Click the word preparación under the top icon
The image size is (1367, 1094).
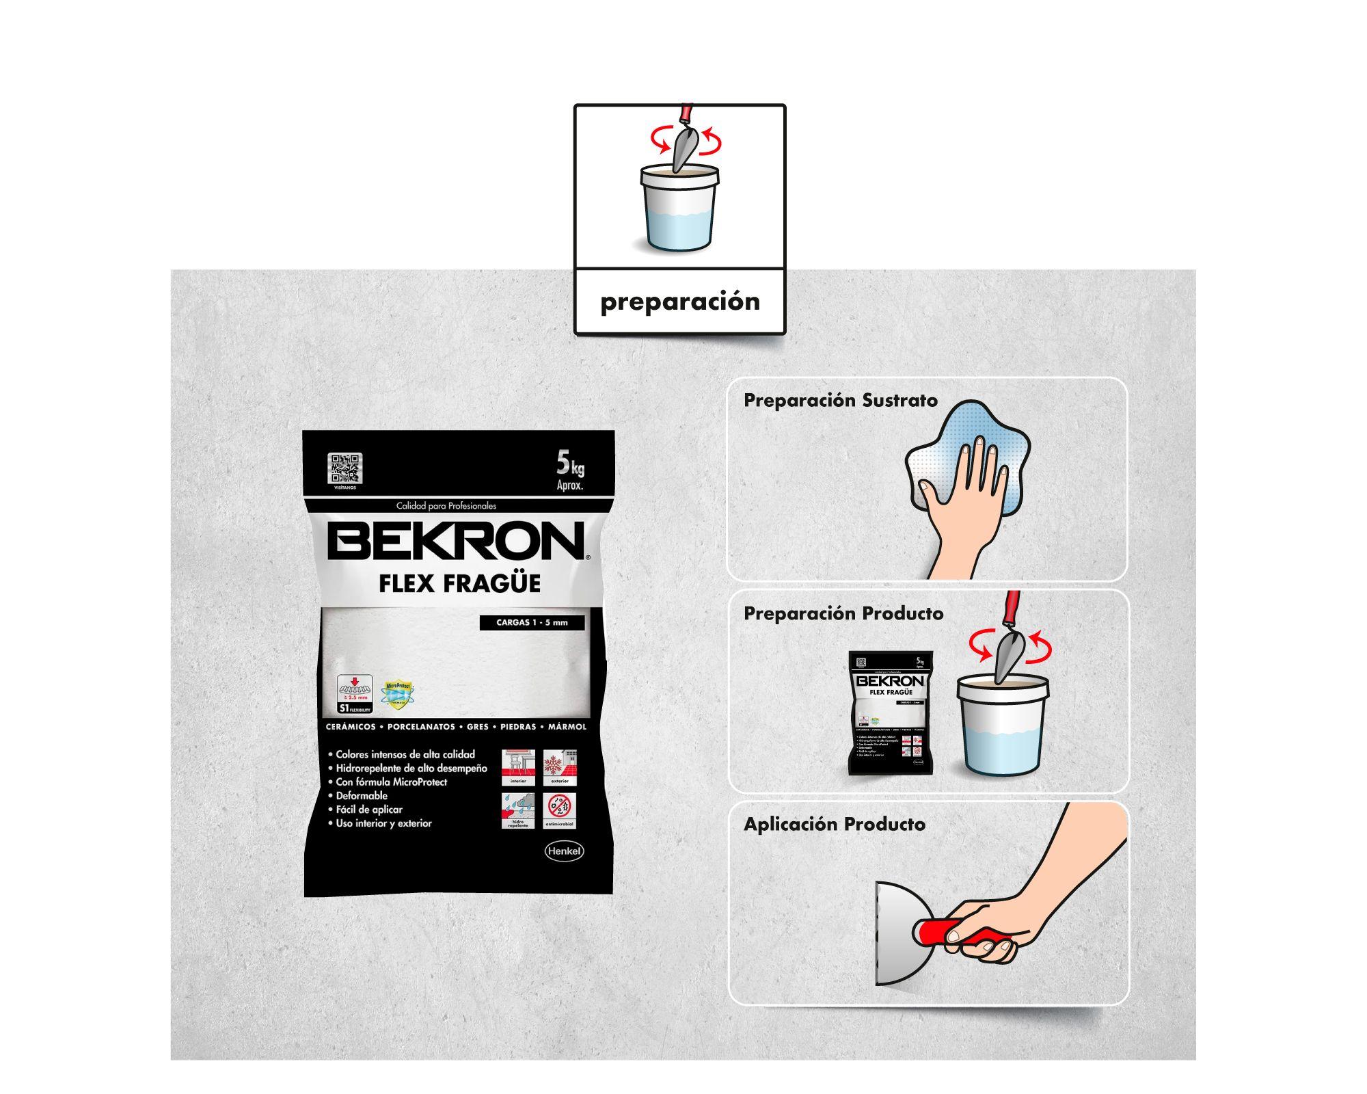(680, 302)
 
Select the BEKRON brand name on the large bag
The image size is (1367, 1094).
(456, 542)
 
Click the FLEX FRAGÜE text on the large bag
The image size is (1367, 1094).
(459, 583)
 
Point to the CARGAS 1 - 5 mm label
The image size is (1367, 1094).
(531, 623)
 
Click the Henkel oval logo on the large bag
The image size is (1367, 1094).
(564, 851)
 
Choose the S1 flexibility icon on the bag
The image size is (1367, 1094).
(354, 693)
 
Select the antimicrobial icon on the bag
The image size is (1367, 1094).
(560, 810)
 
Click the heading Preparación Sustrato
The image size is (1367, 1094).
(841, 401)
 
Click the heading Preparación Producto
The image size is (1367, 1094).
(843, 613)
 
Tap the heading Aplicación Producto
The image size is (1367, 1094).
(835, 825)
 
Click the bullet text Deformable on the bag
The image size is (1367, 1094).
(362, 796)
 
